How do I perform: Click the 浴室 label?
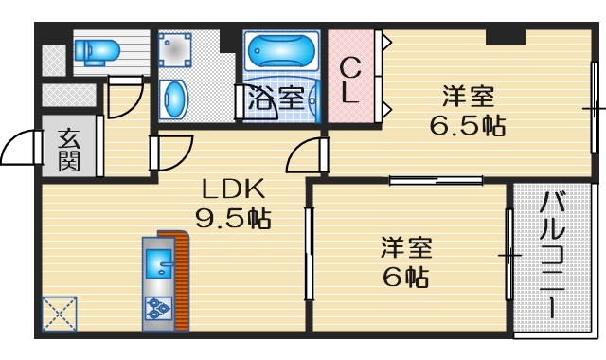[276, 97]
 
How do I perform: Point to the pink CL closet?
[350, 80]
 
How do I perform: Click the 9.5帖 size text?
[233, 219]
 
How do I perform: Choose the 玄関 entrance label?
[69, 149]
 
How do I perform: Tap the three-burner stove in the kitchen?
[156, 308]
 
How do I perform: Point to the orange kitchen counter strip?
[181, 280]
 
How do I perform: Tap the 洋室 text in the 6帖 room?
[407, 248]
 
